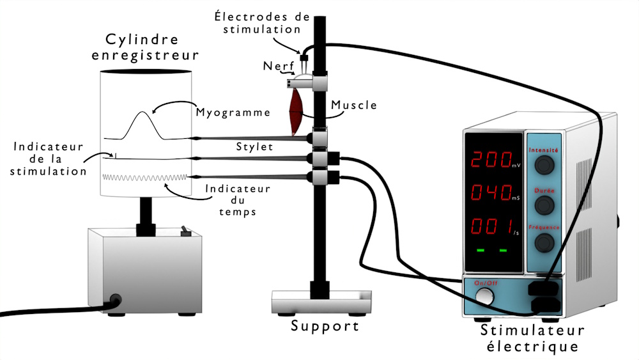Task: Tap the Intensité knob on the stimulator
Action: point(544,166)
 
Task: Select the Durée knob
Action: point(544,205)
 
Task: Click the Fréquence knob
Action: point(544,242)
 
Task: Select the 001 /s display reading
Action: point(493,226)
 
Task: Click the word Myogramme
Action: point(233,113)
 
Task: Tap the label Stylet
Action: point(255,148)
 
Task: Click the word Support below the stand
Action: point(325,326)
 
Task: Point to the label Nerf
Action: point(274,66)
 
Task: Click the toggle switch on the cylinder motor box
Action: point(186,231)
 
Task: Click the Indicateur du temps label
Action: point(237,200)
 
